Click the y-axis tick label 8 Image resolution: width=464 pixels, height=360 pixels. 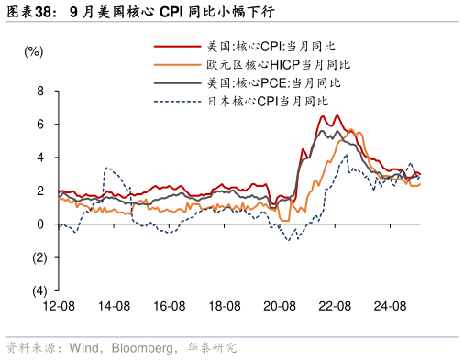[40, 92]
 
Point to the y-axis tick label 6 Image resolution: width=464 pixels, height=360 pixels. [40, 125]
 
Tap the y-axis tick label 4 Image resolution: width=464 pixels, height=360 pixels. [40, 158]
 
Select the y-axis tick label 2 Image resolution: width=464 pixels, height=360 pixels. [40, 191]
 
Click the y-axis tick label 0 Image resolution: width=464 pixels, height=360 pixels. [40, 224]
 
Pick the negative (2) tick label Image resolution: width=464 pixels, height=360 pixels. [38, 257]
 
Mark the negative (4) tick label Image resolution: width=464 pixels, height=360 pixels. [38, 290]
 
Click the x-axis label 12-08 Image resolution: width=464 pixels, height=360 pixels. [58, 306]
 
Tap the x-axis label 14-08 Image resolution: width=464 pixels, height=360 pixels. [114, 306]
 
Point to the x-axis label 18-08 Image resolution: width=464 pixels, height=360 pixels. [225, 306]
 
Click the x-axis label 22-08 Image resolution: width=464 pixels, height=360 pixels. [336, 306]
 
